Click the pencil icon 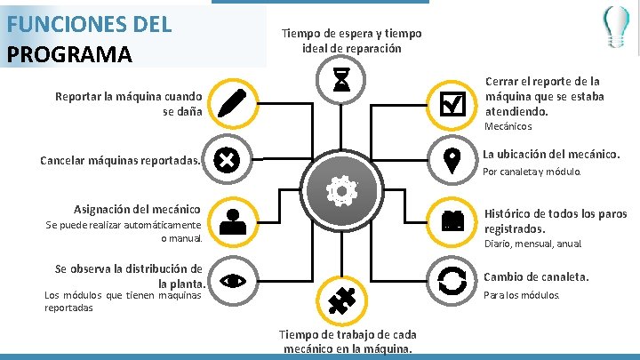(230, 104)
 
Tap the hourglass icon (341, 81)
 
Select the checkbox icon (452, 104)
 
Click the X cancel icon (228, 160)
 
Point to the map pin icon (452, 160)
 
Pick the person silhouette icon (232, 221)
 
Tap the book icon (452, 220)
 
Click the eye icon (232, 281)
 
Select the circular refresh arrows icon (452, 280)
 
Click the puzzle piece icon (341, 301)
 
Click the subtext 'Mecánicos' (508, 127)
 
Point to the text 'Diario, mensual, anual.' (532, 244)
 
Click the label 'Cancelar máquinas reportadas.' (122, 162)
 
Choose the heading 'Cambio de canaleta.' (536, 277)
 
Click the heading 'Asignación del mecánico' (138, 210)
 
